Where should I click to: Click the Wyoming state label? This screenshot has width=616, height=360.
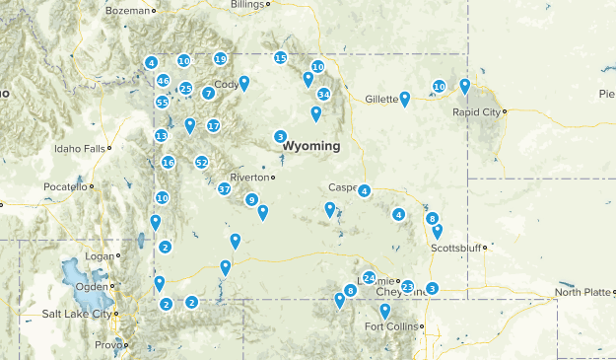pos(310,146)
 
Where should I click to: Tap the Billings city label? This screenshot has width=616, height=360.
pos(247,5)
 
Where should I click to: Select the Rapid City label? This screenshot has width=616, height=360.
pos(477,111)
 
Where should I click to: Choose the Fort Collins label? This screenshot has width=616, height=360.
pos(391,326)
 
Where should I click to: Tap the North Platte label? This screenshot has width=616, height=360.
pos(582,292)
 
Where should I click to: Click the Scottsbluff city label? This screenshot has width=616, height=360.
pos(454,249)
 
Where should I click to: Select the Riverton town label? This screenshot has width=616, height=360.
pos(249,178)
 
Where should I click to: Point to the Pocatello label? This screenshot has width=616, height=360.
pos(65,186)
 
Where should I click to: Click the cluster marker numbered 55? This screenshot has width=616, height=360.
pos(162,103)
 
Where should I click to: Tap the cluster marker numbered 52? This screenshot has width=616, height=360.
pos(202,163)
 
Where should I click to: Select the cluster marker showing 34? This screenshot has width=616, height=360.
pos(323,95)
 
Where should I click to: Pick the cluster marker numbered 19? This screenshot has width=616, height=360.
pos(220,59)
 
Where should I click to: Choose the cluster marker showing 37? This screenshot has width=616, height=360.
pos(225,188)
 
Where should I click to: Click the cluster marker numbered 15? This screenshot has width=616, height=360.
pos(281,58)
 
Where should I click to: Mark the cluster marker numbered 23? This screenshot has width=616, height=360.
pos(407,287)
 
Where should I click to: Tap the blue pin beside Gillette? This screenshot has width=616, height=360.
pos(405,98)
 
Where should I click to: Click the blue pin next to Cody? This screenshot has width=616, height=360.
pos(244,83)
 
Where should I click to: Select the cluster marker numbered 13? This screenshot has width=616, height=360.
pos(161,136)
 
